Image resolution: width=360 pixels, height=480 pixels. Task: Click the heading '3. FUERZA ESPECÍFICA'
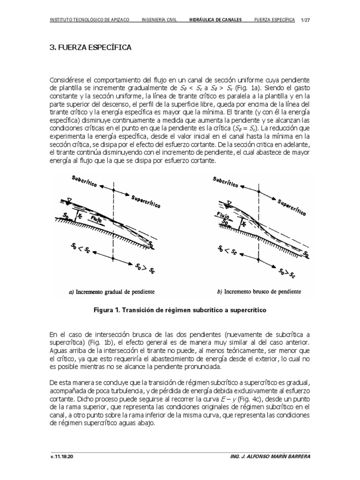click(90, 48)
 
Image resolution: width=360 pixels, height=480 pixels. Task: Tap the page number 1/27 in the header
click(305, 20)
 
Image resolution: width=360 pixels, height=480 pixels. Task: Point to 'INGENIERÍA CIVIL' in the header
click(159, 20)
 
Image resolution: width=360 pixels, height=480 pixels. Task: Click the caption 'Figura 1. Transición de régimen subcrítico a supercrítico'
click(179, 310)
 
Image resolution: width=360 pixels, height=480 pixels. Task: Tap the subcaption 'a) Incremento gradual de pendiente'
click(111, 292)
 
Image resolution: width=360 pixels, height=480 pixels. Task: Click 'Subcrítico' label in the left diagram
click(86, 182)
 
